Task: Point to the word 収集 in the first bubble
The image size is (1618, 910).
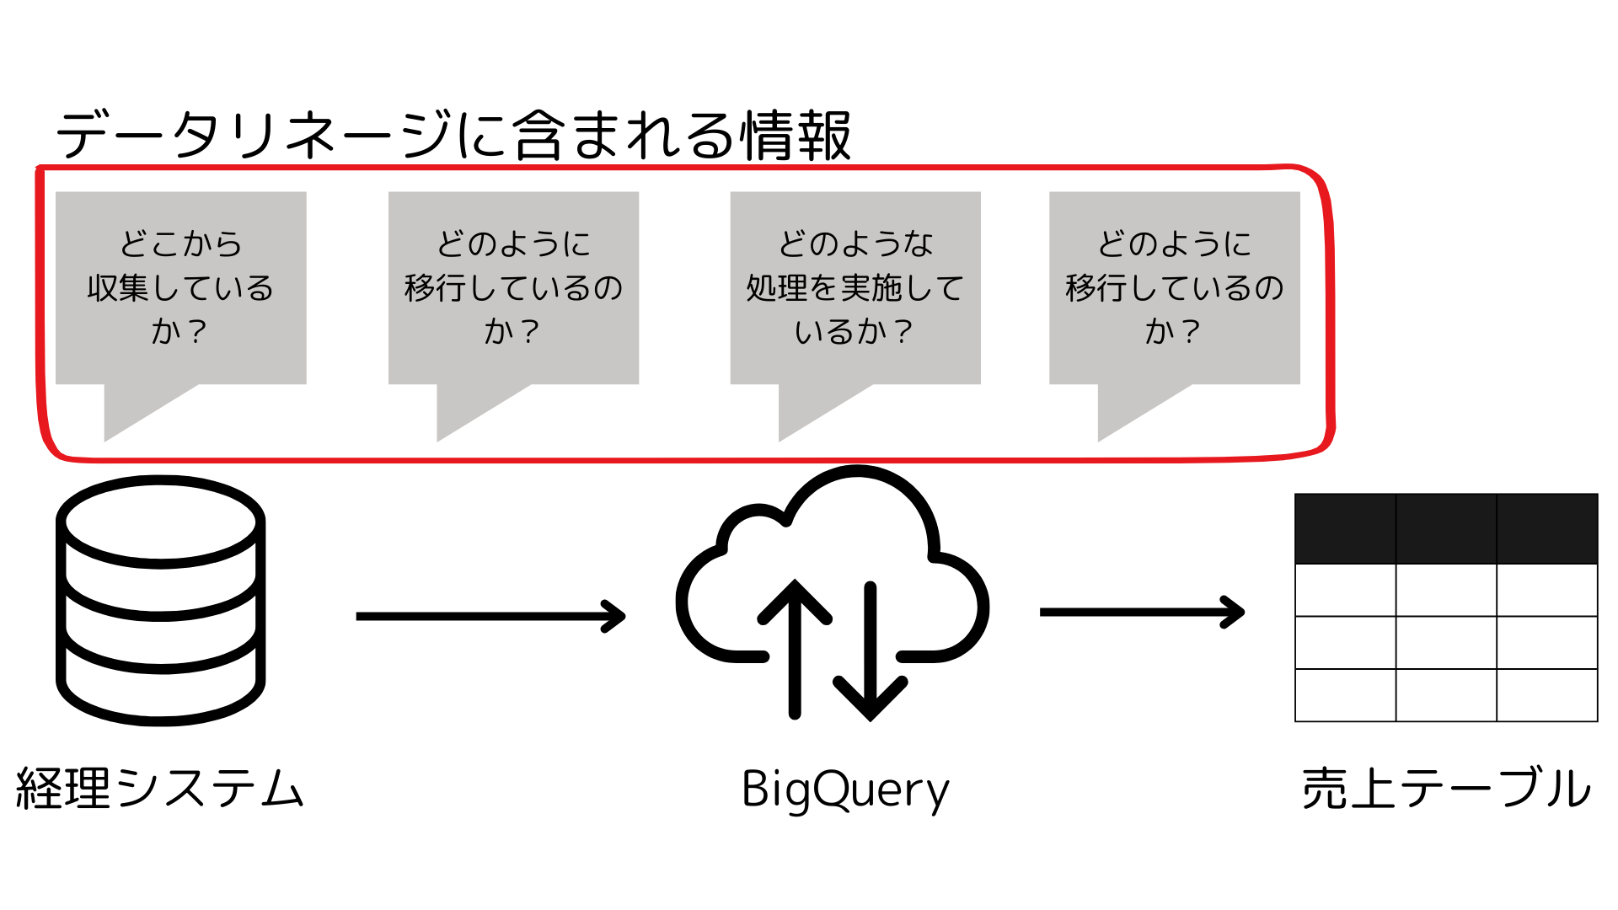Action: pyautogui.click(x=118, y=288)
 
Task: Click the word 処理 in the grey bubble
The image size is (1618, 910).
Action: pyautogui.click(x=777, y=288)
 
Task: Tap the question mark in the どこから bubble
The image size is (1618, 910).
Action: pyautogui.click(x=197, y=331)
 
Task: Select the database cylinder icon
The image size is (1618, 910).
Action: pyautogui.click(x=160, y=601)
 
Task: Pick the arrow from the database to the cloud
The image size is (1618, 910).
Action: pyautogui.click(x=490, y=616)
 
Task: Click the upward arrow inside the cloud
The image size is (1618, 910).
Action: pyautogui.click(x=795, y=649)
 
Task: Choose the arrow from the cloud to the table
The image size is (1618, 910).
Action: pyautogui.click(x=1142, y=612)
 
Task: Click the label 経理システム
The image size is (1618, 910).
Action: pyautogui.click(x=160, y=789)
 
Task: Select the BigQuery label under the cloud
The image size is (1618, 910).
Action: pyautogui.click(x=845, y=791)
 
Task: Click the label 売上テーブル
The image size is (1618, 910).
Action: pyautogui.click(x=1446, y=789)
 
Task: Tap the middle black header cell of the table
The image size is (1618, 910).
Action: pyautogui.click(x=1446, y=528)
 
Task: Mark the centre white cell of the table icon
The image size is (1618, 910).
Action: pyautogui.click(x=1446, y=642)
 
